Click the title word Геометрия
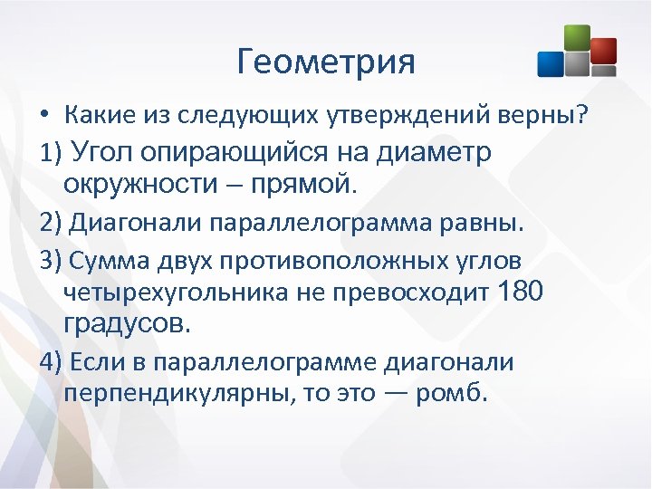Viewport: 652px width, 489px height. (x=326, y=62)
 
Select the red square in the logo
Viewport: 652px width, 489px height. (x=603, y=51)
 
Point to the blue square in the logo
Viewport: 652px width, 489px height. (x=551, y=63)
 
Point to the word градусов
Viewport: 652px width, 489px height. (x=126, y=323)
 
